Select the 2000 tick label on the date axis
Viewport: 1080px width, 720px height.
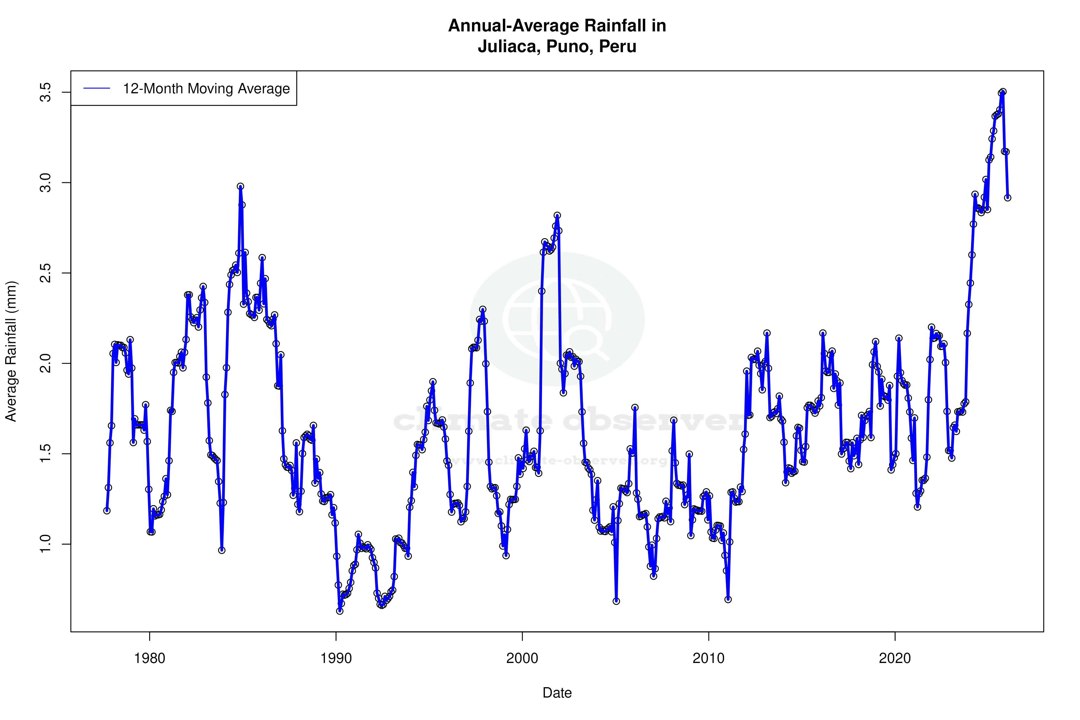click(x=522, y=658)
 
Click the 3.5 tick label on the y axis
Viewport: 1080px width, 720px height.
click(x=45, y=92)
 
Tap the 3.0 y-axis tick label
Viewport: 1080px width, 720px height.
click(x=45, y=183)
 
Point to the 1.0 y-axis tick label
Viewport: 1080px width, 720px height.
click(x=45, y=544)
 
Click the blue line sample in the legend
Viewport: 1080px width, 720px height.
click(x=96, y=88)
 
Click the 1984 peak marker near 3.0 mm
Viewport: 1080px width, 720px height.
click(x=240, y=186)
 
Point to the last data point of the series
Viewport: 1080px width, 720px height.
click(x=1007, y=198)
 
